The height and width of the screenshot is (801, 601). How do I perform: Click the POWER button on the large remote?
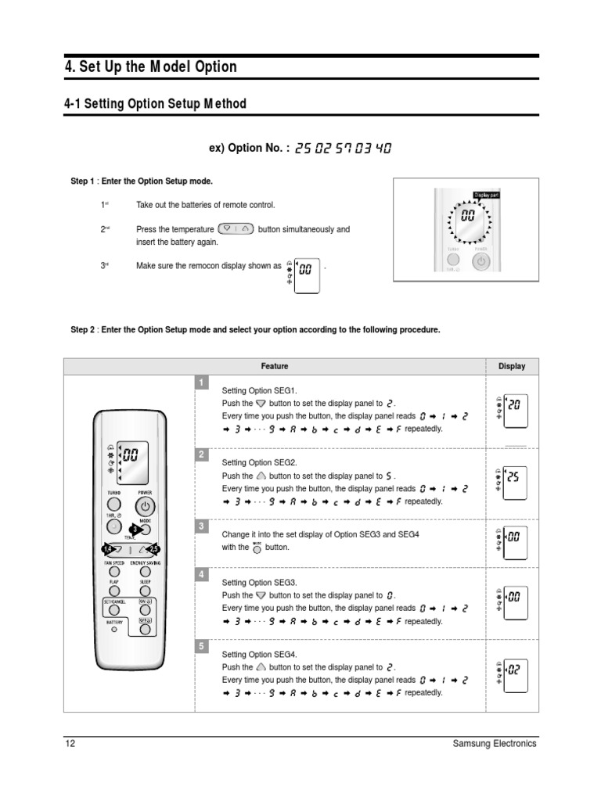coord(145,505)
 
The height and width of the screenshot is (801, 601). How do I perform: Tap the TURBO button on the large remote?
coord(114,505)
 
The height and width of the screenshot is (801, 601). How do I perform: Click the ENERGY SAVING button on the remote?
coord(146,572)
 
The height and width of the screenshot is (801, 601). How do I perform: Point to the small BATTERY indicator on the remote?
coord(114,630)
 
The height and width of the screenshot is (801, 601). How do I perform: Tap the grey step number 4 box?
coord(202,575)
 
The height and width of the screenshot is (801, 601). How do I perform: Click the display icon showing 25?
coord(512,477)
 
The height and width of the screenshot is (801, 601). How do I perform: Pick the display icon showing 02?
coord(512,670)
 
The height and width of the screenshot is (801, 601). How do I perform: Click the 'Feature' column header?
coord(274,366)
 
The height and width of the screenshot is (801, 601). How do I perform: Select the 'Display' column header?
coord(512,366)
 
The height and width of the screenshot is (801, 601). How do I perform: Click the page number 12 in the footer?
coord(69,744)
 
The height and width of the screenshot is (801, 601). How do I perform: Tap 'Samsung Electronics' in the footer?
coord(495,744)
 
